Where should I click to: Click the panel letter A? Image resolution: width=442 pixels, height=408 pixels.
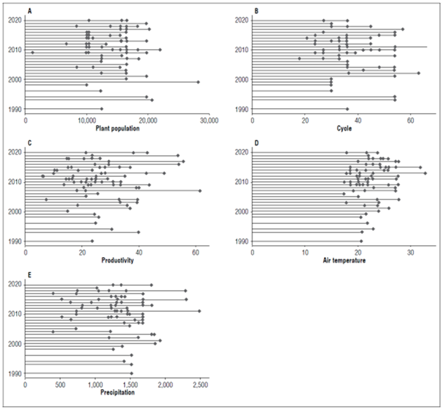(x=29, y=11)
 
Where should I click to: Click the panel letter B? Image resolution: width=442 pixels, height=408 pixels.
(x=256, y=11)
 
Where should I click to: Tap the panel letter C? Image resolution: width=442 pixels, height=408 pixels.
(x=29, y=143)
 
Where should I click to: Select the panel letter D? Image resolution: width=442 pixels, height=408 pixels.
(x=256, y=143)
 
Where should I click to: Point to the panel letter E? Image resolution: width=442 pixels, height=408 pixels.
(x=29, y=275)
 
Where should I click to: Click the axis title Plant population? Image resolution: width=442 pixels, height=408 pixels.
(x=116, y=129)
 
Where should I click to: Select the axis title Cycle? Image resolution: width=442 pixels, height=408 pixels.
(x=344, y=129)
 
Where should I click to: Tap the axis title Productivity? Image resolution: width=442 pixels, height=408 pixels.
(x=116, y=261)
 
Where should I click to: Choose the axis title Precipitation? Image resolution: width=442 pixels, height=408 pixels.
(x=115, y=392)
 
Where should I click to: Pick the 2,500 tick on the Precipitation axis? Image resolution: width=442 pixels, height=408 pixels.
(x=201, y=385)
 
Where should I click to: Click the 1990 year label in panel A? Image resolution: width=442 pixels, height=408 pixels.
(x=14, y=110)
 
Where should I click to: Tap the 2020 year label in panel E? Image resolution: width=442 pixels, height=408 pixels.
(x=14, y=284)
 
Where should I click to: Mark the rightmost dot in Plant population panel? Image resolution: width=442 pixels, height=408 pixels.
(x=199, y=82)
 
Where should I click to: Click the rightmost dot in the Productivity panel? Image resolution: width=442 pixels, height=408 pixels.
(x=200, y=190)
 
